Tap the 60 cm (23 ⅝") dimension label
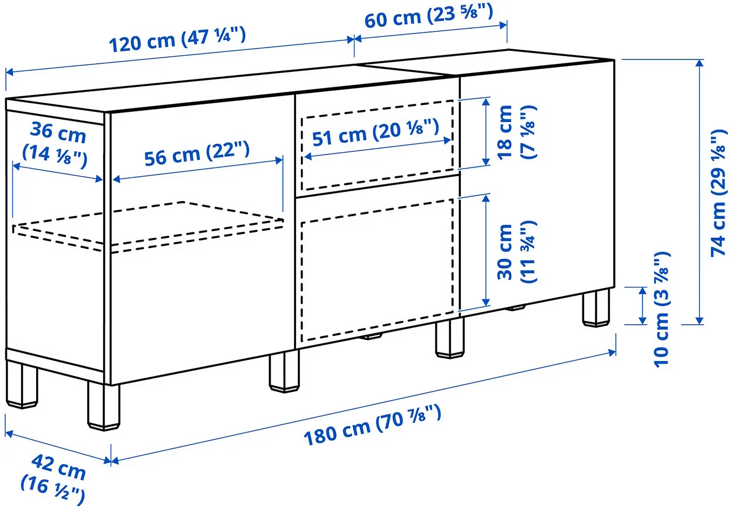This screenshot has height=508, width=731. [428, 16]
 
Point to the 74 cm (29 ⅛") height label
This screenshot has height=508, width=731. [719, 193]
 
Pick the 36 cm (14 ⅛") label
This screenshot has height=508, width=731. [56, 144]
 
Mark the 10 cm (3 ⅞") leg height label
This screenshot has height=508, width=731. [662, 310]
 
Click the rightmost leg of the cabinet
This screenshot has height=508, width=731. [596, 308]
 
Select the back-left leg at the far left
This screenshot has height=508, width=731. [23, 385]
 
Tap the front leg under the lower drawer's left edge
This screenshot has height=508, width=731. [284, 371]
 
